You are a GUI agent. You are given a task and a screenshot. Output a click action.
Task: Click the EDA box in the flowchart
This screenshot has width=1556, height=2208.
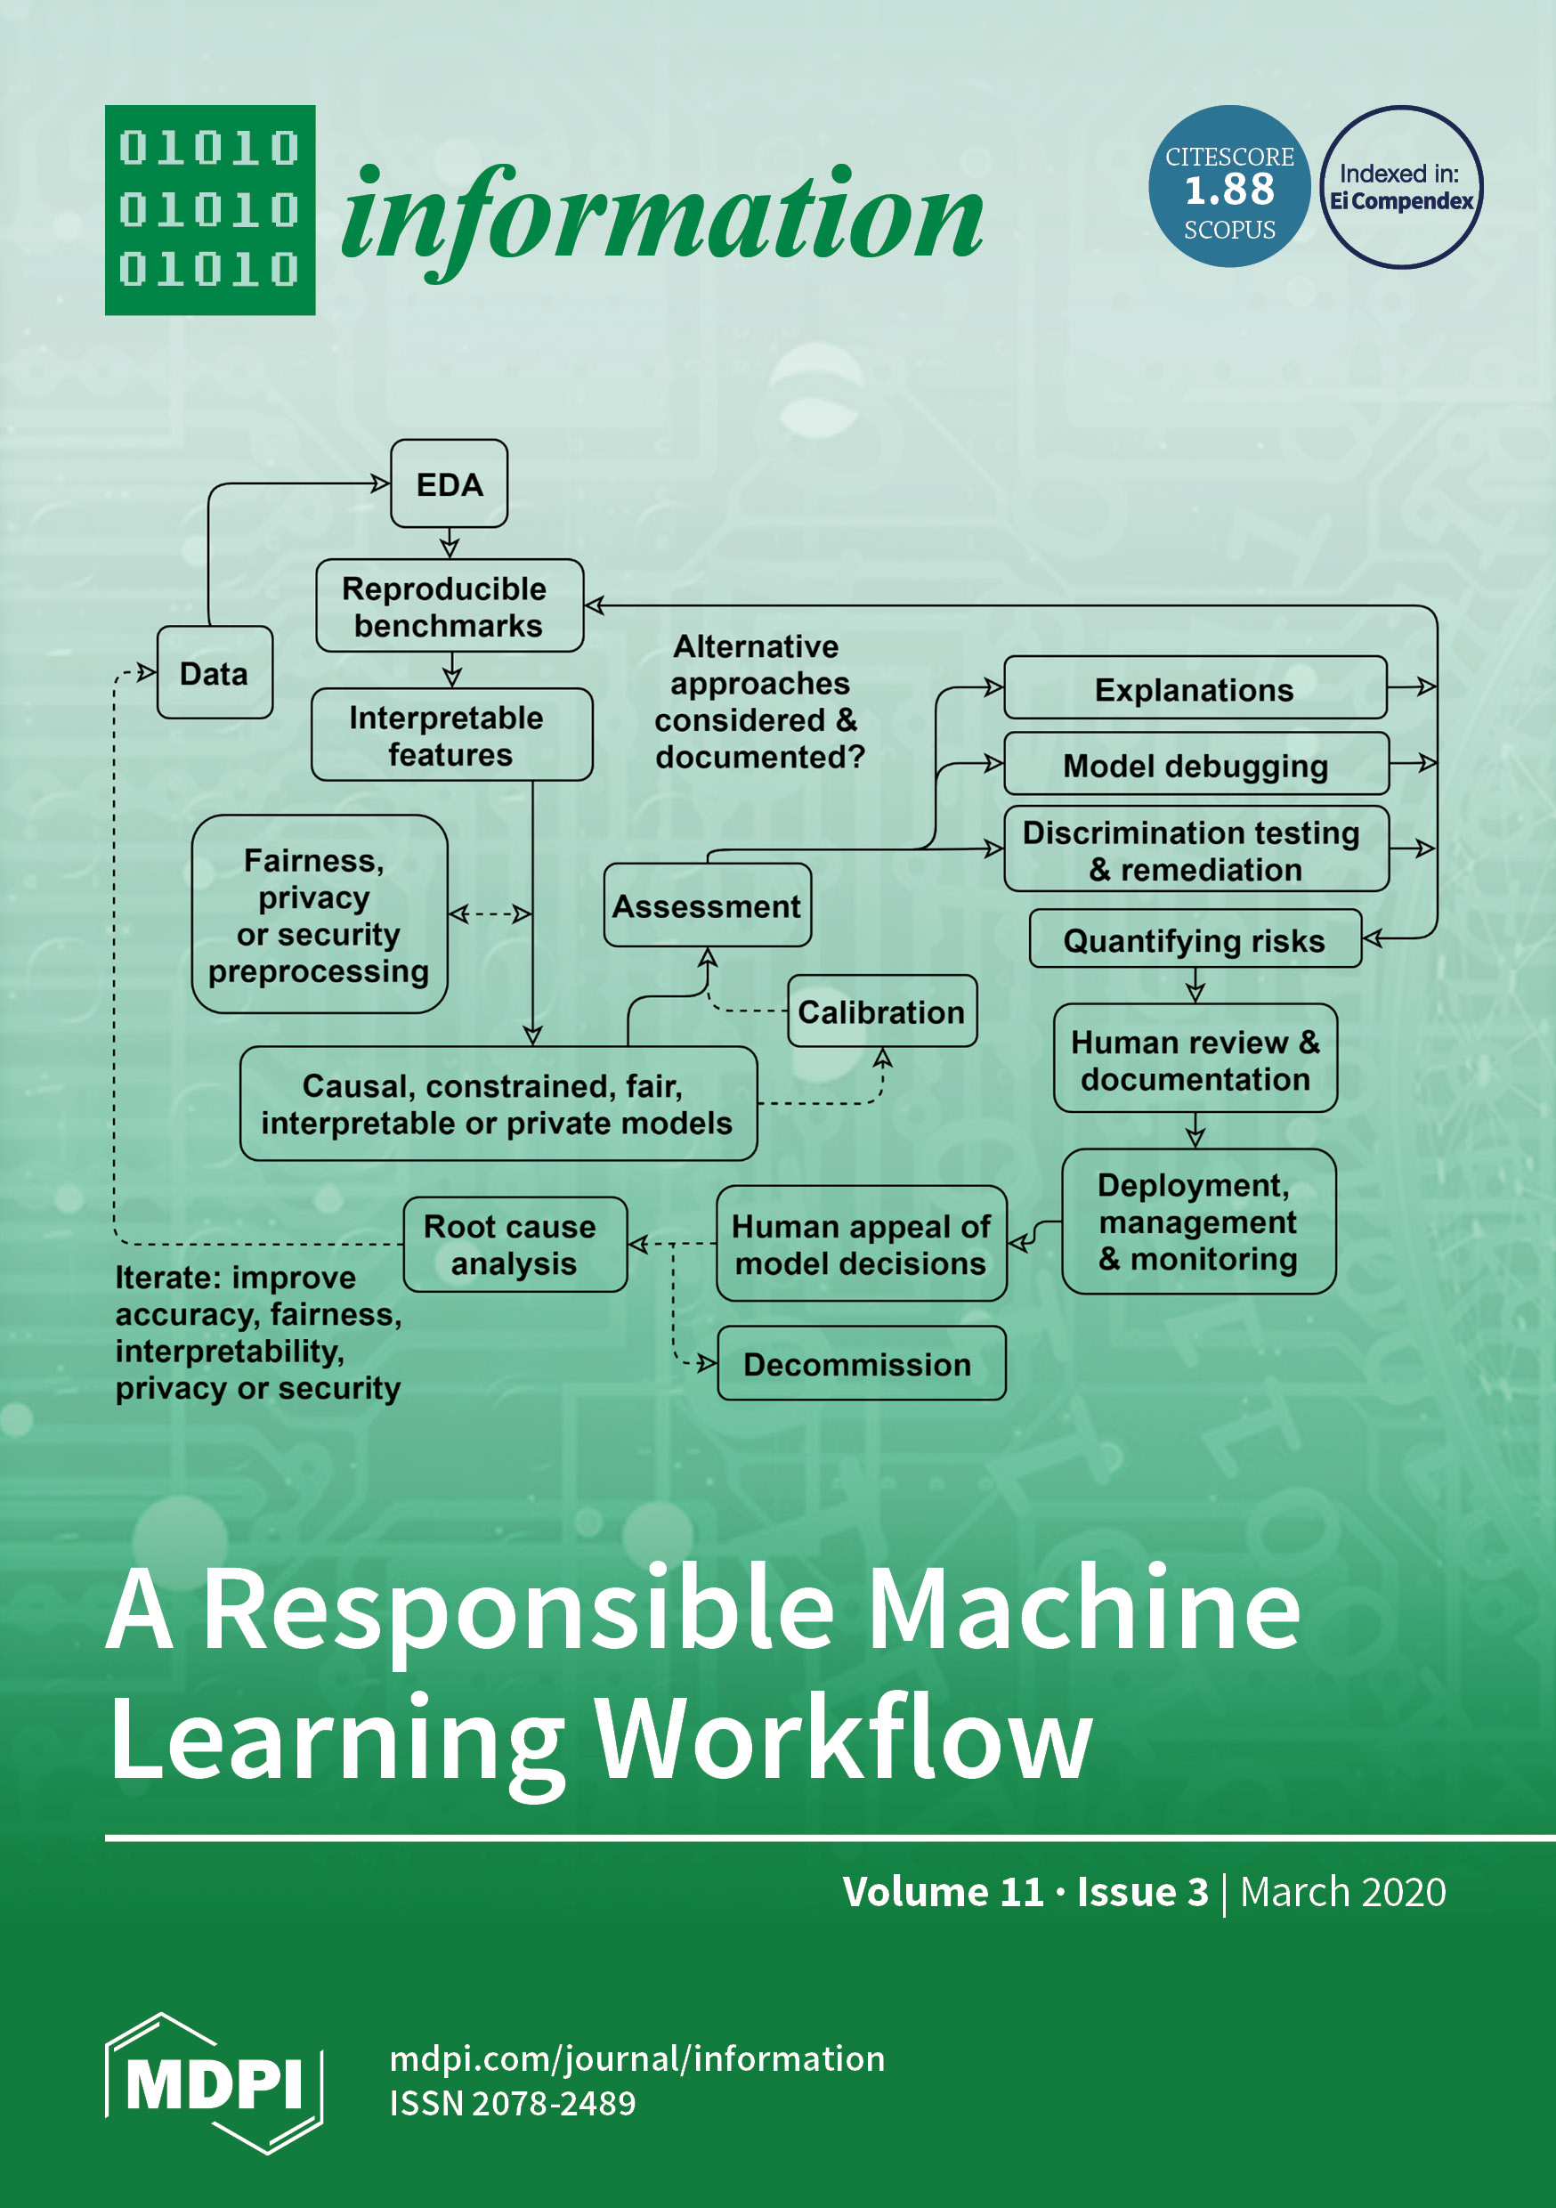coord(450,483)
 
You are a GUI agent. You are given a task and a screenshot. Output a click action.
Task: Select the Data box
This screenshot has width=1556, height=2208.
coord(215,673)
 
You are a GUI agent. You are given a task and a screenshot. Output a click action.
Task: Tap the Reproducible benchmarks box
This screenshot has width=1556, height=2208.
coord(450,605)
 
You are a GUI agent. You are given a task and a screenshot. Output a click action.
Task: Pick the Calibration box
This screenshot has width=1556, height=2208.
coord(881,1011)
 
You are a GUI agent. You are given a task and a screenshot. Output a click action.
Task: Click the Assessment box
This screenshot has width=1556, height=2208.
coord(707,905)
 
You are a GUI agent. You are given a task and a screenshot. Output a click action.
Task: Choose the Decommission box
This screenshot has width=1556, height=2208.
coord(861,1364)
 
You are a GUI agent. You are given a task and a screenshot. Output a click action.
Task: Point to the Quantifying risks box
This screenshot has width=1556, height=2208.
coord(1195,939)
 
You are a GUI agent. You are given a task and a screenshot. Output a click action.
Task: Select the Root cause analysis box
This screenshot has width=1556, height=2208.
coord(515,1245)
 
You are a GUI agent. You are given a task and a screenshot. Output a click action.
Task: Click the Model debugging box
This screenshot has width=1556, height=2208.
coord(1195,765)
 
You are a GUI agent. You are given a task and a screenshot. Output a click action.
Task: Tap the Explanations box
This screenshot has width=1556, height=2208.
coord(1195,688)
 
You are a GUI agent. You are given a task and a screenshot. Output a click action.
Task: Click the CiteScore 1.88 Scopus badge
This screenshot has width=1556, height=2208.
coord(1229,187)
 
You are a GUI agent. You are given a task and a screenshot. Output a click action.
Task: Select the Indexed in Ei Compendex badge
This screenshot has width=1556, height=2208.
coord(1401,187)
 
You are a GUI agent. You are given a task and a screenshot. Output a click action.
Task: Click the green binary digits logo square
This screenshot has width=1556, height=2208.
coord(210,209)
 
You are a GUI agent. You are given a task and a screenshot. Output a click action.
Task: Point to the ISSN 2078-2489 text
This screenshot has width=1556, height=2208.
coord(513,2103)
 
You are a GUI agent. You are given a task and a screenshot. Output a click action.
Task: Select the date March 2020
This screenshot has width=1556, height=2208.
coord(1342,1892)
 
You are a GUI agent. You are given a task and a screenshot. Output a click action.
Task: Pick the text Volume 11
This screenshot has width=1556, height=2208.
coord(943,1892)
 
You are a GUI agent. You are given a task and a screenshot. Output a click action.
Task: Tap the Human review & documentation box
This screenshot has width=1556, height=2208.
coord(1195,1059)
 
